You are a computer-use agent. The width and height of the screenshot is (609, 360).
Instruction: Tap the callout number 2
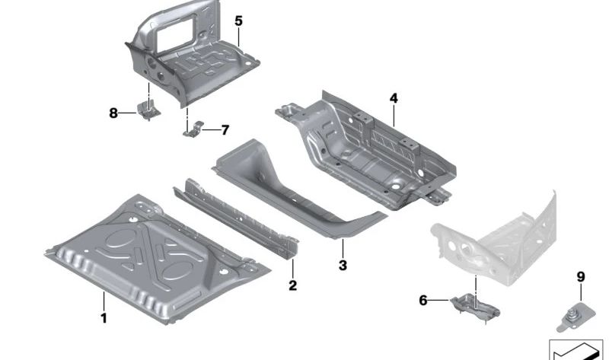tap(292, 286)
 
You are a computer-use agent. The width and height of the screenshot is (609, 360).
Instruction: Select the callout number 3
tap(343, 266)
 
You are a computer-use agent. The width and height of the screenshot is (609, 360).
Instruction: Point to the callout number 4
tap(394, 98)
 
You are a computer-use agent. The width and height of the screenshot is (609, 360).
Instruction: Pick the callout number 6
tap(423, 301)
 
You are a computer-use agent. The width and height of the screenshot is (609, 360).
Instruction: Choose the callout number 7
tap(225, 130)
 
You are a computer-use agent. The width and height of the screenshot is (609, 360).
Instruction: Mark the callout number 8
tap(113, 113)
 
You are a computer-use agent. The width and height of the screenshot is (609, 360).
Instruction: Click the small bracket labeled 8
tap(148, 109)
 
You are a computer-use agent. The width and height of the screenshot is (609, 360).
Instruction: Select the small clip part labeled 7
tap(193, 129)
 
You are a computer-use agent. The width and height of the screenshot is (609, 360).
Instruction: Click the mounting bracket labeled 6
tap(473, 307)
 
